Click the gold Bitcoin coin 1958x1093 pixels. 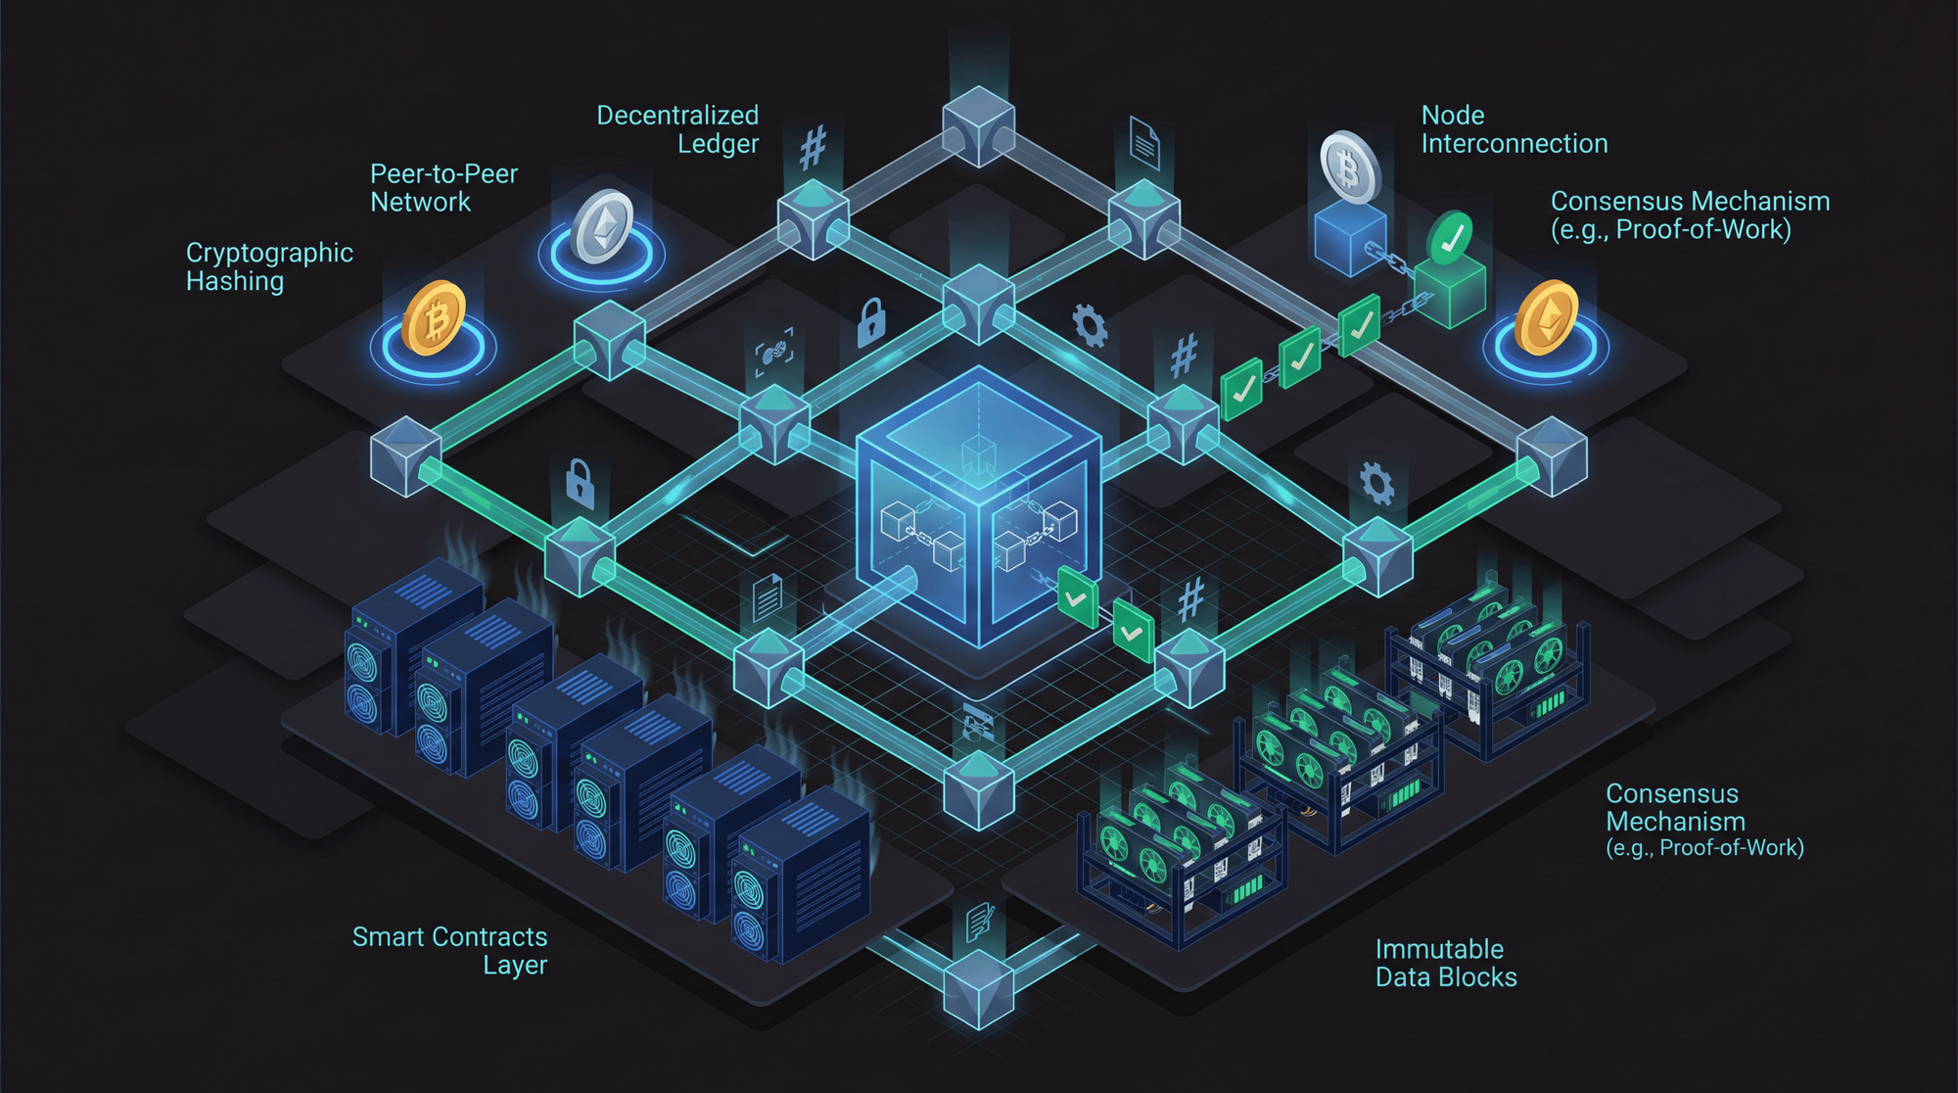(x=434, y=317)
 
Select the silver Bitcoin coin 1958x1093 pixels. (x=1350, y=167)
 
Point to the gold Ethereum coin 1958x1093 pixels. (x=1546, y=316)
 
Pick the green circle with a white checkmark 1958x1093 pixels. (x=1450, y=238)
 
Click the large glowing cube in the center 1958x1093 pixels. (x=978, y=508)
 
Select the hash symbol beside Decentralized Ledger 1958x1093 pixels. (x=813, y=148)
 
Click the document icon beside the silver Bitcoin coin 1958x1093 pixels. (x=1143, y=143)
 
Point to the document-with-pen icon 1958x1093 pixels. (x=979, y=922)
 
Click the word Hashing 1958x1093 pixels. (x=235, y=282)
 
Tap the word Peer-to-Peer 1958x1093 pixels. (x=443, y=174)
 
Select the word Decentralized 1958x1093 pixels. (x=677, y=116)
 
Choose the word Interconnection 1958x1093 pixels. (x=1514, y=144)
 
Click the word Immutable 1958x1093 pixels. (x=1439, y=949)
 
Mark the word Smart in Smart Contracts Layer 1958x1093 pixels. (x=388, y=937)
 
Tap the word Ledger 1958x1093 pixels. (x=718, y=145)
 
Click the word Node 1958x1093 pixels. (x=1453, y=116)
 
